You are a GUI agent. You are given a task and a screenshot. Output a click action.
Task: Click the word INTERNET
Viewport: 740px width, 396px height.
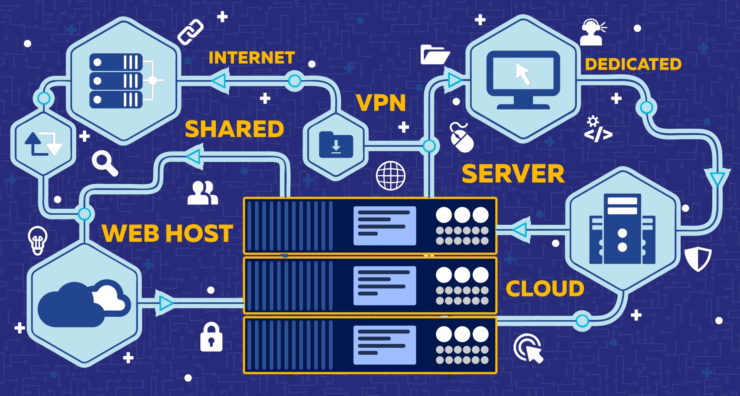(252, 58)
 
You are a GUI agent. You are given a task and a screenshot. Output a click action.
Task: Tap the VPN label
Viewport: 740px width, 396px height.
(381, 103)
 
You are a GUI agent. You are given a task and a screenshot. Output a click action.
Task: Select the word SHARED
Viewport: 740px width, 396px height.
(234, 129)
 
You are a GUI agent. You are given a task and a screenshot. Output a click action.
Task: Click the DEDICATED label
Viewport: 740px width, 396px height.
(633, 64)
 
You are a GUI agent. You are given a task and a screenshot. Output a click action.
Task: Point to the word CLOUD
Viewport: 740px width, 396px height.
(545, 288)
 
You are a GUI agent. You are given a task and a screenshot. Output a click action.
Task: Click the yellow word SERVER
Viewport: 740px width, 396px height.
(513, 174)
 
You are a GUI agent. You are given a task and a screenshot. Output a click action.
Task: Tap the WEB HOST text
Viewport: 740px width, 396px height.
(167, 233)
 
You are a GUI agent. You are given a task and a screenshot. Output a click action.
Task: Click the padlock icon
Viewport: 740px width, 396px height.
(211, 337)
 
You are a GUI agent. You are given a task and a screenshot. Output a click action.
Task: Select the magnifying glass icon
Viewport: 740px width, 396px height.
(104, 163)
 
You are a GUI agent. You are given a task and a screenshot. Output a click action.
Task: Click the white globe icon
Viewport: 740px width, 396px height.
(391, 175)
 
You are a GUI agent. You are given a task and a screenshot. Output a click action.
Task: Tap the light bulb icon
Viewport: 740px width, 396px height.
(38, 240)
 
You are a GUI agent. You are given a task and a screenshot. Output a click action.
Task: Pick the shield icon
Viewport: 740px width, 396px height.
(698, 259)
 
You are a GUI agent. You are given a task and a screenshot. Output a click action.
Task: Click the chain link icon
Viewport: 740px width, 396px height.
(190, 32)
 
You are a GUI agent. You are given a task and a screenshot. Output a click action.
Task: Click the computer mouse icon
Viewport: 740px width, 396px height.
(462, 138)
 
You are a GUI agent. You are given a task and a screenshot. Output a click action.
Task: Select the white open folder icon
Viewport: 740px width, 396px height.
(435, 55)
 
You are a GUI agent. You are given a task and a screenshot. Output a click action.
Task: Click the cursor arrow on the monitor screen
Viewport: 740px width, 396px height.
(523, 74)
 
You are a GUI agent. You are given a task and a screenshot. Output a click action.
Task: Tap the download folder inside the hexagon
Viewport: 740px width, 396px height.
(336, 145)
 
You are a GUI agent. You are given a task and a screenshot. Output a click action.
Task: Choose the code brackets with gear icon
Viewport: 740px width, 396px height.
(597, 130)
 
